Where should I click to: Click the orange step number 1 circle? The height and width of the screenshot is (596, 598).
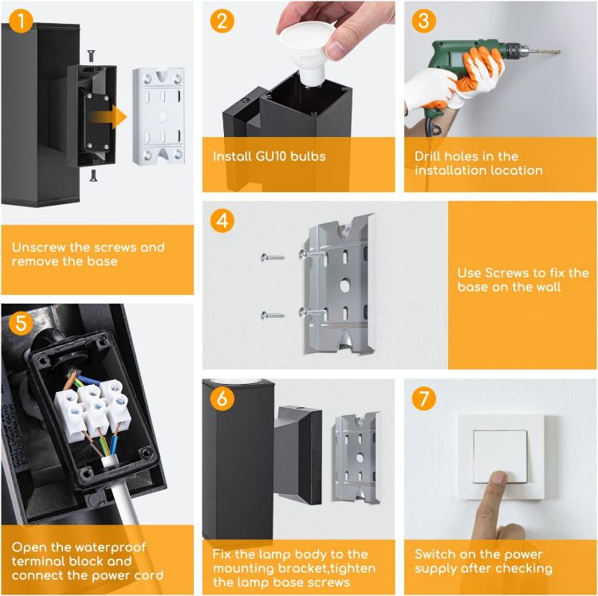(x=21, y=21)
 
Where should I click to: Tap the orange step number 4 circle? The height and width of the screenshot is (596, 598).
(x=222, y=221)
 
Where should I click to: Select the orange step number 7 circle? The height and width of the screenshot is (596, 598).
(x=423, y=398)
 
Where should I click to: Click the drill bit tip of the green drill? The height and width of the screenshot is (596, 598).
(x=559, y=51)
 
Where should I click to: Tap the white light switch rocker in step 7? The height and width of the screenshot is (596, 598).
(x=501, y=457)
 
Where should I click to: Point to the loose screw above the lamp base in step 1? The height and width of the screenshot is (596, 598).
(x=91, y=56)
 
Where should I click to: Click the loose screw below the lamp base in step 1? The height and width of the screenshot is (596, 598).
(x=92, y=175)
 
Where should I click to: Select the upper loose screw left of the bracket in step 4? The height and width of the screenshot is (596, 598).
(x=273, y=257)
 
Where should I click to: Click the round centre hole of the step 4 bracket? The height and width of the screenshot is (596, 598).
(x=344, y=285)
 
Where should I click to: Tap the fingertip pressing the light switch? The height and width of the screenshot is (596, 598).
(x=498, y=477)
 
